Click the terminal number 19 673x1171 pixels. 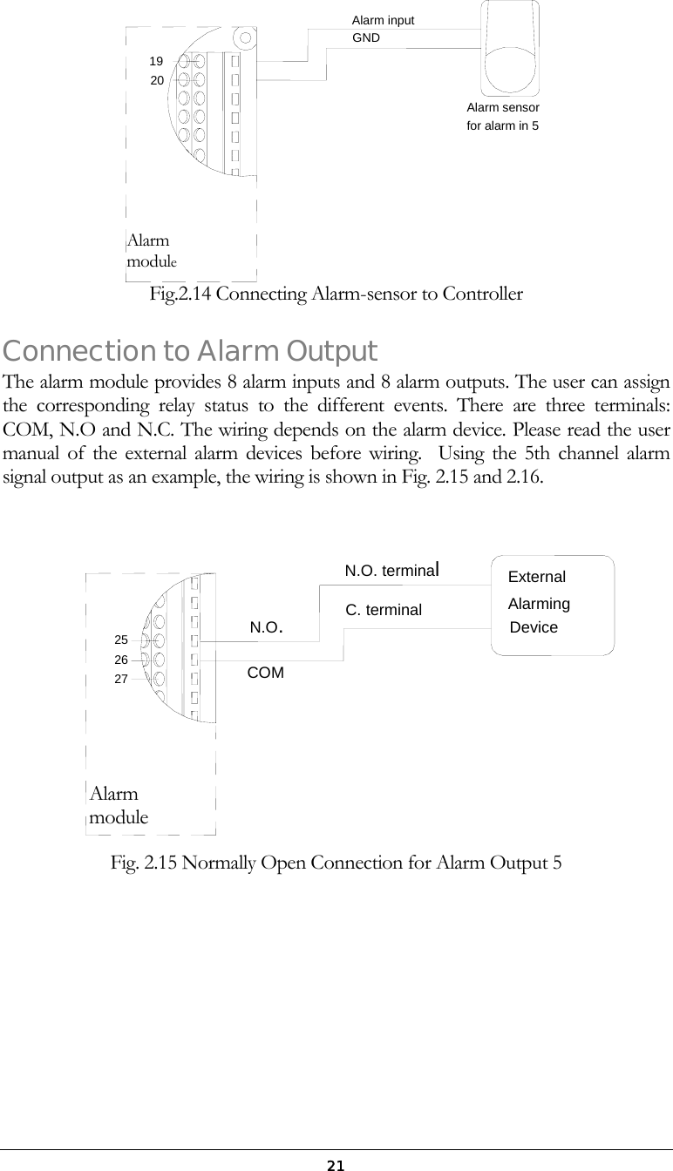point(156,61)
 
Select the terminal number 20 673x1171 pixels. point(157,80)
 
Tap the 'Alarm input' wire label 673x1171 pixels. point(383,20)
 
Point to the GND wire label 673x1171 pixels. point(365,37)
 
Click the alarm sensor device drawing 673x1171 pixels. point(511,48)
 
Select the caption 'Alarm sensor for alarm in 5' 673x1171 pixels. point(503,117)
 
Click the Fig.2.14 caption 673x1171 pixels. point(336,294)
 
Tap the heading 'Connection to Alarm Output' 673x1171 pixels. point(190,351)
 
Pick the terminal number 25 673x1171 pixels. point(121,640)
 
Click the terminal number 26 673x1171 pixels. point(121,659)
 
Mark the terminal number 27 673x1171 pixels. point(121,677)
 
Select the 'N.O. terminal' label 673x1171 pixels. point(397,572)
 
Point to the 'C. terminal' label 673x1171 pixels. point(384,610)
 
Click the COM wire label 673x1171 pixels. point(266,673)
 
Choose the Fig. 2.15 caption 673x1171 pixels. point(336,863)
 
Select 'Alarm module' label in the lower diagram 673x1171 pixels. point(119,806)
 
